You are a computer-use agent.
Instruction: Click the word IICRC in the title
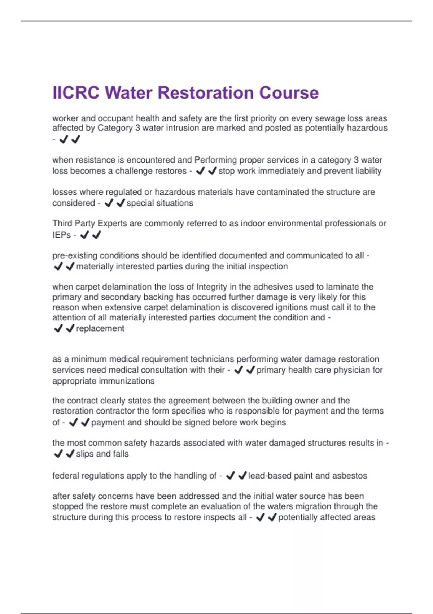(x=75, y=93)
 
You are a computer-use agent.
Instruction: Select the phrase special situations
(x=160, y=203)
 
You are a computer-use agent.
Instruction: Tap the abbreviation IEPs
(x=61, y=235)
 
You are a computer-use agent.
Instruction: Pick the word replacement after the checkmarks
(x=100, y=329)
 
